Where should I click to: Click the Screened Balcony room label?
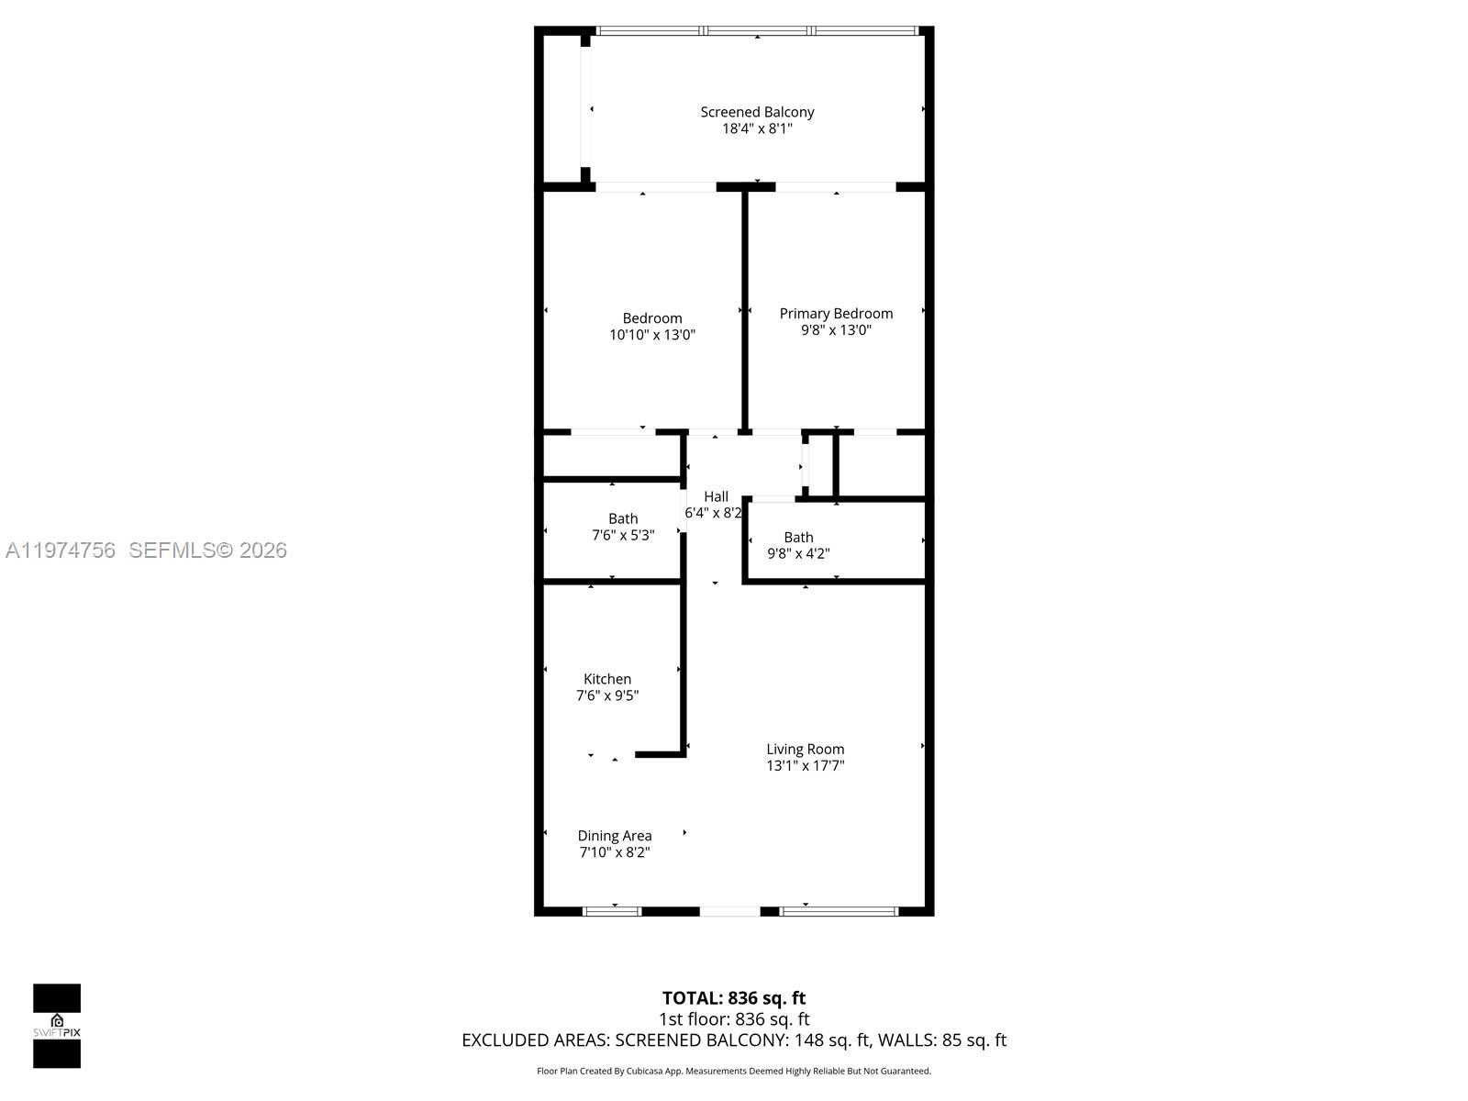pyautogui.click(x=757, y=112)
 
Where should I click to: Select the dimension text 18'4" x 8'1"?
pyautogui.click(x=757, y=128)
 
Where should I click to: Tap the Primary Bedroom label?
pyautogui.click(x=836, y=314)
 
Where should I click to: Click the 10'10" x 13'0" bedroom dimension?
pyautogui.click(x=652, y=335)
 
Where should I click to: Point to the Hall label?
pyautogui.click(x=716, y=496)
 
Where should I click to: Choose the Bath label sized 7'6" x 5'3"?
pyautogui.click(x=623, y=518)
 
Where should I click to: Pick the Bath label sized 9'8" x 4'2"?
pyautogui.click(x=798, y=538)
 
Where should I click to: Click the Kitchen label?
pyautogui.click(x=607, y=679)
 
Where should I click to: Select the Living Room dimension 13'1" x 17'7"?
pyautogui.click(x=806, y=765)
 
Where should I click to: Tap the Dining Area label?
pyautogui.click(x=615, y=836)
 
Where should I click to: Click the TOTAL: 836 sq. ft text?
pyautogui.click(x=734, y=997)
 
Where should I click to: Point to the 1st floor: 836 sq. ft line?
pyautogui.click(x=734, y=1018)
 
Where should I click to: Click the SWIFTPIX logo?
pyautogui.click(x=57, y=1026)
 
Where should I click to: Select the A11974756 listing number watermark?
pyautogui.click(x=61, y=550)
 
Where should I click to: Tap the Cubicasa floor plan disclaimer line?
pyautogui.click(x=734, y=1071)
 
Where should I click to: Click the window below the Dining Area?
pyautogui.click(x=612, y=911)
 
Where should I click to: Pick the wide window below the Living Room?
pyautogui.click(x=839, y=911)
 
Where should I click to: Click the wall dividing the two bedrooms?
pyautogui.click(x=745, y=310)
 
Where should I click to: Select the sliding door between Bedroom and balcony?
pyautogui.click(x=655, y=187)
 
